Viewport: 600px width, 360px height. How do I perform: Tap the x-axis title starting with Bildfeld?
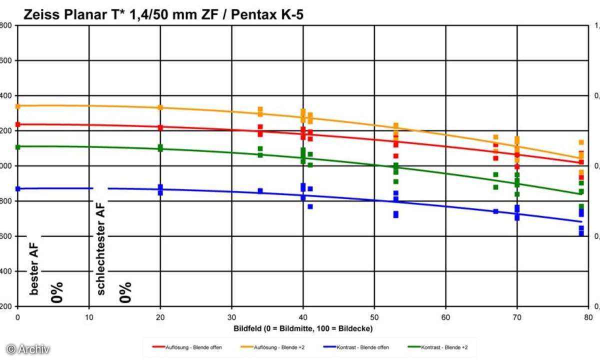point(303,328)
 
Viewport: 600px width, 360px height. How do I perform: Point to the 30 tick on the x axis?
point(231,316)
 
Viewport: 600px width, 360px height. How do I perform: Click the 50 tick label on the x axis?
point(374,316)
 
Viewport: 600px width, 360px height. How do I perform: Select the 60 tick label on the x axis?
point(445,316)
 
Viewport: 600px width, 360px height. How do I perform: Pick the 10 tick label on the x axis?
point(89,316)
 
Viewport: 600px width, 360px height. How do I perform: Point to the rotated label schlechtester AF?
point(101,248)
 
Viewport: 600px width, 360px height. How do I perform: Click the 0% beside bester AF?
point(57,292)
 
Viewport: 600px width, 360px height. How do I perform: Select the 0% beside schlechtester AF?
point(125,292)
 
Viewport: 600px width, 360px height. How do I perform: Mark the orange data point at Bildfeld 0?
point(17,106)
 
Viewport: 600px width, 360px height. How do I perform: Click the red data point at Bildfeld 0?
point(17,124)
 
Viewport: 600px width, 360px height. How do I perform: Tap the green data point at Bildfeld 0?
point(17,147)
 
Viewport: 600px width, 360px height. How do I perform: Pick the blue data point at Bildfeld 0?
point(17,189)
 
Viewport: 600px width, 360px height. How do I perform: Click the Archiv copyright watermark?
point(28,349)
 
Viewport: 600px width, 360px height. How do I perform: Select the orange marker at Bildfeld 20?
point(160,107)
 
